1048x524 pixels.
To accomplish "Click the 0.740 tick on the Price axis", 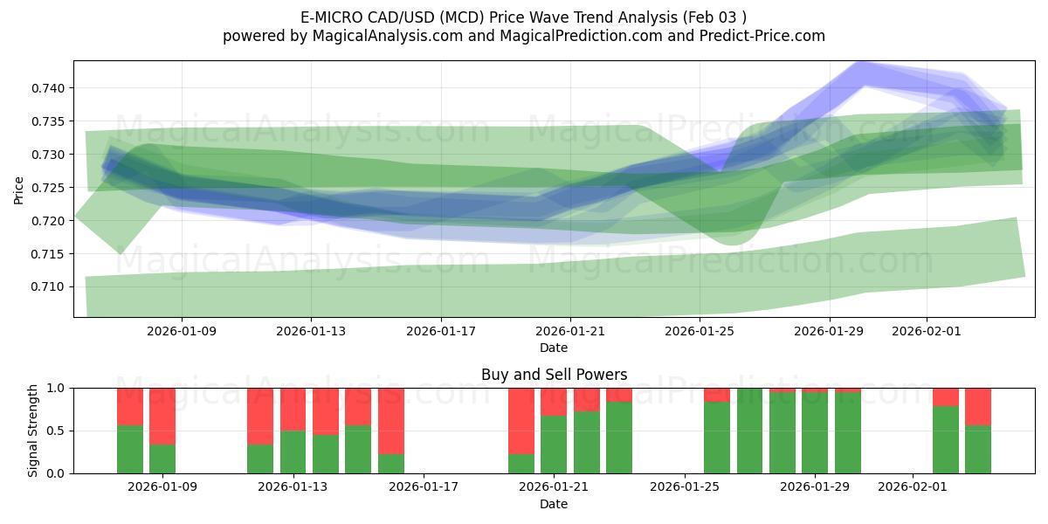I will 52,88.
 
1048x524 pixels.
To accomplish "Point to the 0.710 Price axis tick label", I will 52,287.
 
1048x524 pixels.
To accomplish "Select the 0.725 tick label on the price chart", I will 52,188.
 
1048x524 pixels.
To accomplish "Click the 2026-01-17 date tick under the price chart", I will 440,332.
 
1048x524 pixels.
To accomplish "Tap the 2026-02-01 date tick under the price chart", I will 927,332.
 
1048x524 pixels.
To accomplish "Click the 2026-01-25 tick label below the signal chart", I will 684,486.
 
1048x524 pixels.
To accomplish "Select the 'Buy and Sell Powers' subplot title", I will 554,375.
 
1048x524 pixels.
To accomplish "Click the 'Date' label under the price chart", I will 554,348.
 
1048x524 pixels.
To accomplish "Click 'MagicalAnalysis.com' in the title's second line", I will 381,36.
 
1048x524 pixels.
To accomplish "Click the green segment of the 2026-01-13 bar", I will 293,452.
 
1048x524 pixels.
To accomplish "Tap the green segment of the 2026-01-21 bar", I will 554,445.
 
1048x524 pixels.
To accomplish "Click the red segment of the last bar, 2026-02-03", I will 978,406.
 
